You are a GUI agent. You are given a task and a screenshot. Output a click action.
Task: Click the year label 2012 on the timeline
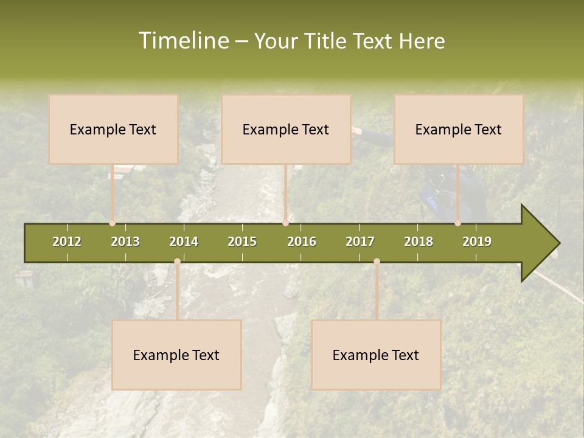[67, 242]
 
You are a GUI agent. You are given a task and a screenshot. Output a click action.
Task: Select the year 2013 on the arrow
[125, 242]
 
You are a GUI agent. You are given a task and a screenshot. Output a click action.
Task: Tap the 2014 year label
[184, 242]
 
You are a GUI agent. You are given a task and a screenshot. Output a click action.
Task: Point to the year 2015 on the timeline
[242, 242]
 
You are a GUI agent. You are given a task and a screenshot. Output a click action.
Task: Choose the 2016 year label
[302, 242]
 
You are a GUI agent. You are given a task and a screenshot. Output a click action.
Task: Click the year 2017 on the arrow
[360, 242]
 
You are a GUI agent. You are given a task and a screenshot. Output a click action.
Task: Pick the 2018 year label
[419, 242]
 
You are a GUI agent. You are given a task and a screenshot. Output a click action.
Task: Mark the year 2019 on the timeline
[477, 242]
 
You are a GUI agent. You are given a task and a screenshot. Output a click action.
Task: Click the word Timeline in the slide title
[182, 41]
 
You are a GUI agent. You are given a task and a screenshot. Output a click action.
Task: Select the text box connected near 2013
[113, 129]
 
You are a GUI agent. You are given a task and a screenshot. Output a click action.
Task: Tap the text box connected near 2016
[286, 129]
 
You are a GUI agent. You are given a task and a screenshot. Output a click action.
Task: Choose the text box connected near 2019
[459, 129]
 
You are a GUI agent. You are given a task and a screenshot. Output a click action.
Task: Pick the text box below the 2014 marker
[176, 355]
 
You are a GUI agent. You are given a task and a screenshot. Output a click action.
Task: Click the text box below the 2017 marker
[376, 355]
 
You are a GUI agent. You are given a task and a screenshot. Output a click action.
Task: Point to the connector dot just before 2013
[113, 223]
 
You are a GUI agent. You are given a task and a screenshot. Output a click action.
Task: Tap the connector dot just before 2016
[286, 223]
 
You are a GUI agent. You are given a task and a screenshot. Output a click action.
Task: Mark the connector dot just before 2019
[458, 223]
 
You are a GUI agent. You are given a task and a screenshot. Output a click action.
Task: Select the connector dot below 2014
[177, 262]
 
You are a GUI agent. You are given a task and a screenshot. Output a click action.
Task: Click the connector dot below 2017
[377, 262]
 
